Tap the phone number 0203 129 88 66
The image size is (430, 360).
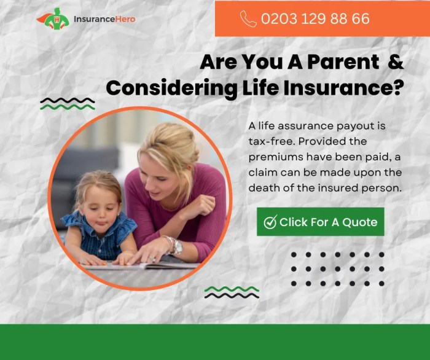(315, 18)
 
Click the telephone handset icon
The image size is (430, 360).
(248, 18)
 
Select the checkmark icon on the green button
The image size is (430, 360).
(270, 222)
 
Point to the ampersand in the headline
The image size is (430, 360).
(397, 62)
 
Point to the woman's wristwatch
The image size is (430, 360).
(177, 246)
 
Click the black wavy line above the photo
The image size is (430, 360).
(67, 100)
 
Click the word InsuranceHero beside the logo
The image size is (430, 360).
(104, 19)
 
